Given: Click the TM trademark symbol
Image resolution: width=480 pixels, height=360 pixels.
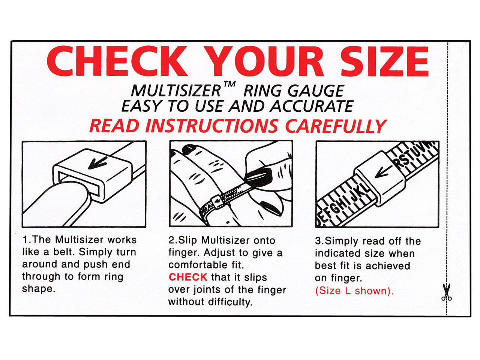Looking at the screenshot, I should (x=229, y=85).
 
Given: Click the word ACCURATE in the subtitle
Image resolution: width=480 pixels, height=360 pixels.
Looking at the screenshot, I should (x=312, y=106).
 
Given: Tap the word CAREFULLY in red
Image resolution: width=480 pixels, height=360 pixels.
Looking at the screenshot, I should (x=336, y=126).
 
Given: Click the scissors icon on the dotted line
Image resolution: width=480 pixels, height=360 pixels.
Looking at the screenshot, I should (x=446, y=292).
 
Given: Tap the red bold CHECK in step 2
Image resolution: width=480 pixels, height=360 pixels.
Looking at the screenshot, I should (x=187, y=277).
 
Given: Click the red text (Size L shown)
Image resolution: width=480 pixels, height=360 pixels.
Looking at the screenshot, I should (x=354, y=291).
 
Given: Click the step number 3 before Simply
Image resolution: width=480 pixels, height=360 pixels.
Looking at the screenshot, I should (x=318, y=241).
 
